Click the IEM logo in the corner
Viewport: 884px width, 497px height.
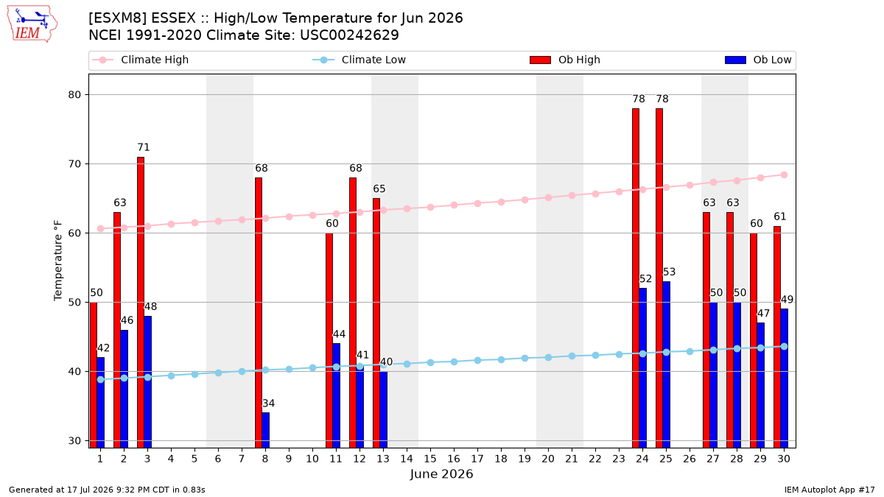click(x=32, y=24)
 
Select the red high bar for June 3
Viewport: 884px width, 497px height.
click(x=141, y=302)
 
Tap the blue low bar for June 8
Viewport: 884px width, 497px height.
click(x=266, y=430)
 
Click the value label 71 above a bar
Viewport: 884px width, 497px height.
click(x=144, y=147)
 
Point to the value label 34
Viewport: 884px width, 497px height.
click(x=268, y=403)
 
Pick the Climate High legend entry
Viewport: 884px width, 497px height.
click(x=141, y=60)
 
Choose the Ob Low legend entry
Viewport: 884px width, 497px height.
click(x=758, y=60)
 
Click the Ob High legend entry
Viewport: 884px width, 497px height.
click(x=565, y=60)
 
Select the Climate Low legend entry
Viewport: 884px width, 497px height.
click(x=359, y=60)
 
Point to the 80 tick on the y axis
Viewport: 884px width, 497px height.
click(x=74, y=95)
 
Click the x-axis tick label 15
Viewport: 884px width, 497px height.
click(x=430, y=459)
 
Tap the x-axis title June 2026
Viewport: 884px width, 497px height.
click(x=441, y=473)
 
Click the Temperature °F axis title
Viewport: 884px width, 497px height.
click(x=58, y=261)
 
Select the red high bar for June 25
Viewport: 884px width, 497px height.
click(x=659, y=278)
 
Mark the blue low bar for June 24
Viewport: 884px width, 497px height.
click(x=643, y=368)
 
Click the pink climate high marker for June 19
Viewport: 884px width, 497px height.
click(x=525, y=200)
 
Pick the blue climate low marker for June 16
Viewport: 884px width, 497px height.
click(x=455, y=362)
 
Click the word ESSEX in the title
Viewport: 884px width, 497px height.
click(x=174, y=18)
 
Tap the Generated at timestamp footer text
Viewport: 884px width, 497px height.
click(x=107, y=490)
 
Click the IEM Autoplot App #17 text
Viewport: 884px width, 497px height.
click(x=829, y=490)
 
